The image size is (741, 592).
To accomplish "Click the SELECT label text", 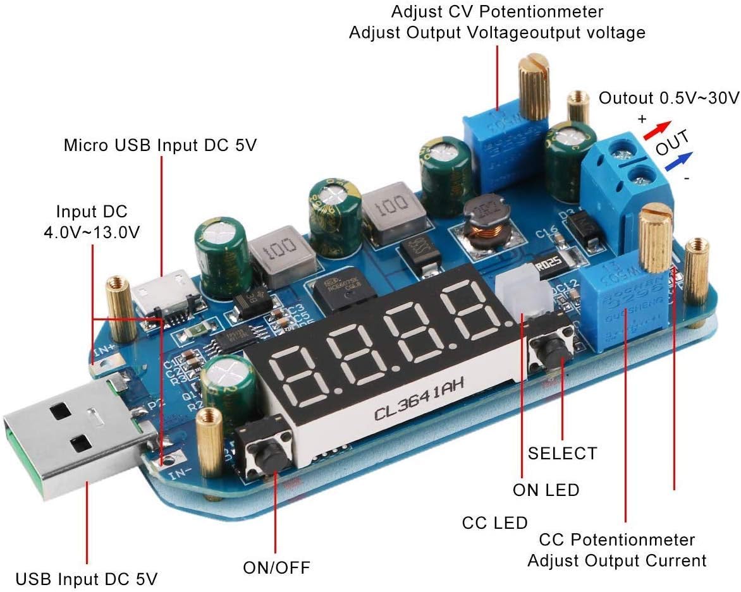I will [562, 453].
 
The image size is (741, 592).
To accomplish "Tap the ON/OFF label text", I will [276, 567].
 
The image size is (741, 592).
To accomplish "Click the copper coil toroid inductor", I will [484, 224].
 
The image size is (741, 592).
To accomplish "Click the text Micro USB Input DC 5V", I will [161, 145].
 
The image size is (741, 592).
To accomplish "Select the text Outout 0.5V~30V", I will [669, 98].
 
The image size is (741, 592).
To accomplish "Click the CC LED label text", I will [494, 523].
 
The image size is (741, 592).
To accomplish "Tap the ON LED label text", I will [546, 490].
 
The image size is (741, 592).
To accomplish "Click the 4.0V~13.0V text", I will [92, 232].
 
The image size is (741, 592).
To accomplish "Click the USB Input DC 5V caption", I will [87, 579].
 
